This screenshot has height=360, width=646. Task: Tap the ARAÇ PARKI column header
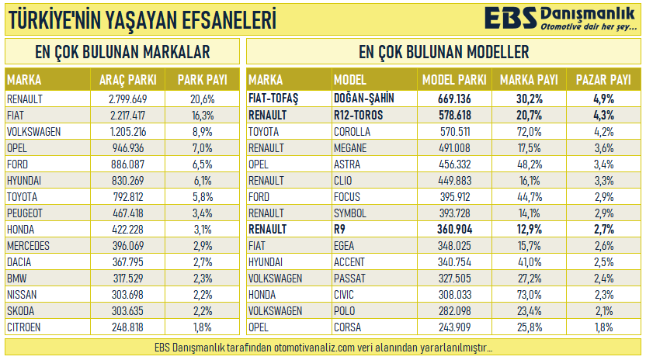pos(128,80)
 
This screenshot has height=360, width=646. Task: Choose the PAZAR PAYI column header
pos(603,80)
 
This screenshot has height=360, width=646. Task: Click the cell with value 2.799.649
pos(128,99)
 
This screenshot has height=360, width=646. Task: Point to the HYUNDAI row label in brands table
pos(25,181)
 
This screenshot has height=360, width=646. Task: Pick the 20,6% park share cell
pos(202,99)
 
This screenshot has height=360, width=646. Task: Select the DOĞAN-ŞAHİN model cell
pos(363,99)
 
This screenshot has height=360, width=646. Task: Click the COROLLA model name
pos(352,132)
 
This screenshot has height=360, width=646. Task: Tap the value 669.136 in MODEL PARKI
pos(454,99)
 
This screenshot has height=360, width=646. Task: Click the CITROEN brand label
pos(24,327)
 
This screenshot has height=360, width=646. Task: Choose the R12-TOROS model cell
pos(358,116)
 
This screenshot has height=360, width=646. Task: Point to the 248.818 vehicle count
pos(128,327)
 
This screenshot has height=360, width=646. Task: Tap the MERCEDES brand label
pos(27,246)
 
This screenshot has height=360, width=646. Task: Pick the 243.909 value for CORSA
pos(454,327)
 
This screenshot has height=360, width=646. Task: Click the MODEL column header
pos(349,80)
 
